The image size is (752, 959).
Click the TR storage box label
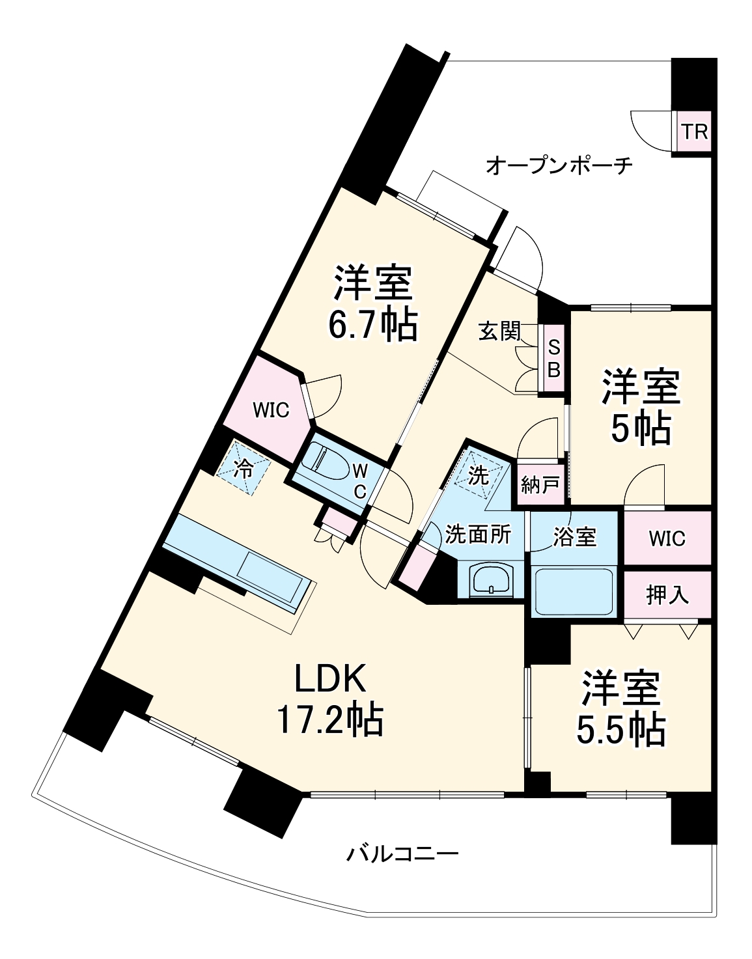(694, 132)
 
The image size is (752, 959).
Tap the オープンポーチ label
(559, 165)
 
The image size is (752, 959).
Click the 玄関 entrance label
(499, 331)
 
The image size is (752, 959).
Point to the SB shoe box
(553, 358)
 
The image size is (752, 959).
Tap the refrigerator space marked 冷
(244, 468)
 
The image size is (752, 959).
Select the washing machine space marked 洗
(479, 475)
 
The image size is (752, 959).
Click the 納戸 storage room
(540, 484)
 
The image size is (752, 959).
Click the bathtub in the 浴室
(573, 591)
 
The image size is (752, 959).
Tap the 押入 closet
(667, 595)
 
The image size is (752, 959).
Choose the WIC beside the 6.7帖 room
(270, 410)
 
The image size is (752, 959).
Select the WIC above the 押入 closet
(667, 538)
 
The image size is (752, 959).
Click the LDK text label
(331, 679)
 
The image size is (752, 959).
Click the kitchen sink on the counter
(270, 572)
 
